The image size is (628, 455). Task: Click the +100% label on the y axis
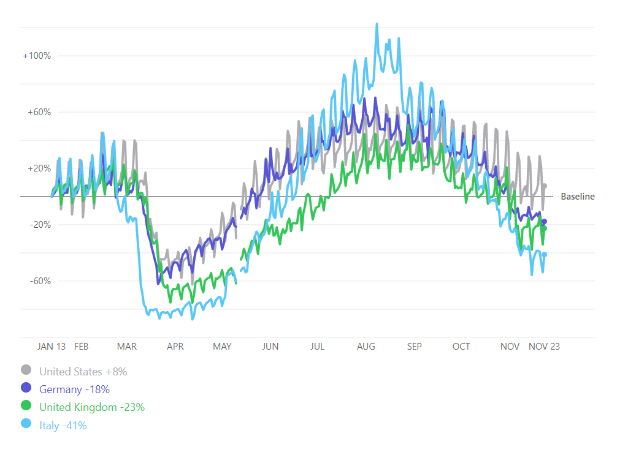tap(37, 56)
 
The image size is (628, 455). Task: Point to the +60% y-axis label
tap(39, 112)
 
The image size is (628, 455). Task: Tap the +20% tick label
tap(39, 168)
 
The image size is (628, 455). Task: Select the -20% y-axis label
tap(39, 225)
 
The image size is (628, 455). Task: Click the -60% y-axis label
tap(39, 281)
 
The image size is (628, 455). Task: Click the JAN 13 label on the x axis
tap(52, 347)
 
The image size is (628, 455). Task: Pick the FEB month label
tap(82, 347)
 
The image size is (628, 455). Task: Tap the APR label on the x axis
tap(175, 347)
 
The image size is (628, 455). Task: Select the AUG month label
tap(366, 347)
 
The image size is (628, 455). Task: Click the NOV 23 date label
tap(544, 347)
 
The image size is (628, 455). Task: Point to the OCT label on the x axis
tap(461, 347)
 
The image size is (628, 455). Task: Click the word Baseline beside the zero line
tap(578, 197)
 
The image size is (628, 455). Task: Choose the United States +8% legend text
tap(83, 371)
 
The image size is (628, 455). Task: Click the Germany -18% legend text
tap(74, 389)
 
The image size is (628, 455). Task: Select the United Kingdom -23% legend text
tap(92, 407)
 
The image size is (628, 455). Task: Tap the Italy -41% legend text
tap(63, 425)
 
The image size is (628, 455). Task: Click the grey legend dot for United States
tap(26, 370)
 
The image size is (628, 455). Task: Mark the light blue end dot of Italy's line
tap(544, 255)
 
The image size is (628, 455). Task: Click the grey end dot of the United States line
tap(544, 186)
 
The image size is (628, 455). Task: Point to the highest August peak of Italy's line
tap(377, 24)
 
